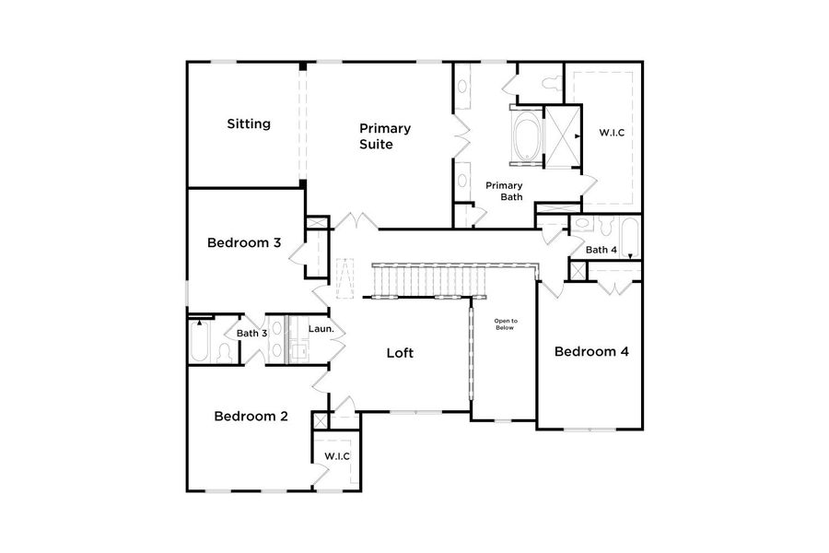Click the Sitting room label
click(249, 124)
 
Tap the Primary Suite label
click(385, 136)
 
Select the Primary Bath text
click(504, 191)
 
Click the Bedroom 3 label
click(244, 243)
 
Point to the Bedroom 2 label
click(251, 416)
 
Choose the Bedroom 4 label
click(590, 351)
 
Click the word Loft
click(400, 352)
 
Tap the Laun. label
click(321, 329)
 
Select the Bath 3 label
click(251, 334)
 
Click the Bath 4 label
click(601, 250)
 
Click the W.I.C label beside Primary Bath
click(612, 133)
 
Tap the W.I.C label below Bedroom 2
click(336, 456)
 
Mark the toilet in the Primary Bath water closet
click(550, 84)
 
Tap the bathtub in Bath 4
click(629, 238)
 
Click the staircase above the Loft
click(451, 279)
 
